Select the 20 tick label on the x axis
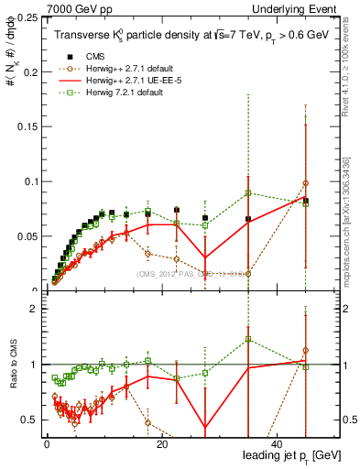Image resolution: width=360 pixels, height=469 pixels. [x=162, y=444]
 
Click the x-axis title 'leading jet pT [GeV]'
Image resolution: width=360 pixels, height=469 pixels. [x=289, y=456]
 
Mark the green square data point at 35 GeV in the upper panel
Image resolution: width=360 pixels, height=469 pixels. [x=248, y=192]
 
